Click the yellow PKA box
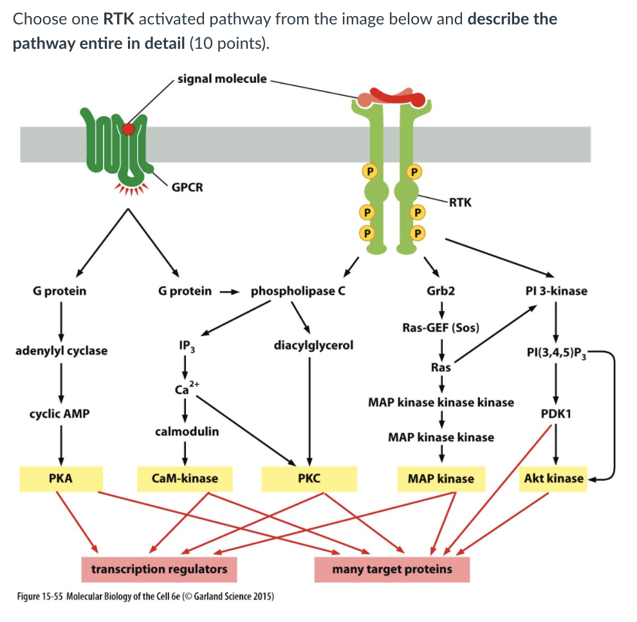(60, 479)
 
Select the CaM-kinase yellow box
(184, 479)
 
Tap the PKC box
(309, 479)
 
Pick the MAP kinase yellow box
(441, 479)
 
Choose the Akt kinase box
(553, 479)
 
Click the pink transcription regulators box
(159, 569)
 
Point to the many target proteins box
(392, 569)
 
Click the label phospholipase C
(298, 291)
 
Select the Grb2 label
(441, 291)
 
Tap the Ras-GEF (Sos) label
(441, 327)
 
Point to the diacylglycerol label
(313, 346)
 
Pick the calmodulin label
(187, 432)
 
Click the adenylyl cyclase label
(61, 351)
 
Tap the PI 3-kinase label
(556, 291)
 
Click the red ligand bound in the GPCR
(129, 129)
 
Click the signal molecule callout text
(221, 79)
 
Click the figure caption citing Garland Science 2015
(145, 596)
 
